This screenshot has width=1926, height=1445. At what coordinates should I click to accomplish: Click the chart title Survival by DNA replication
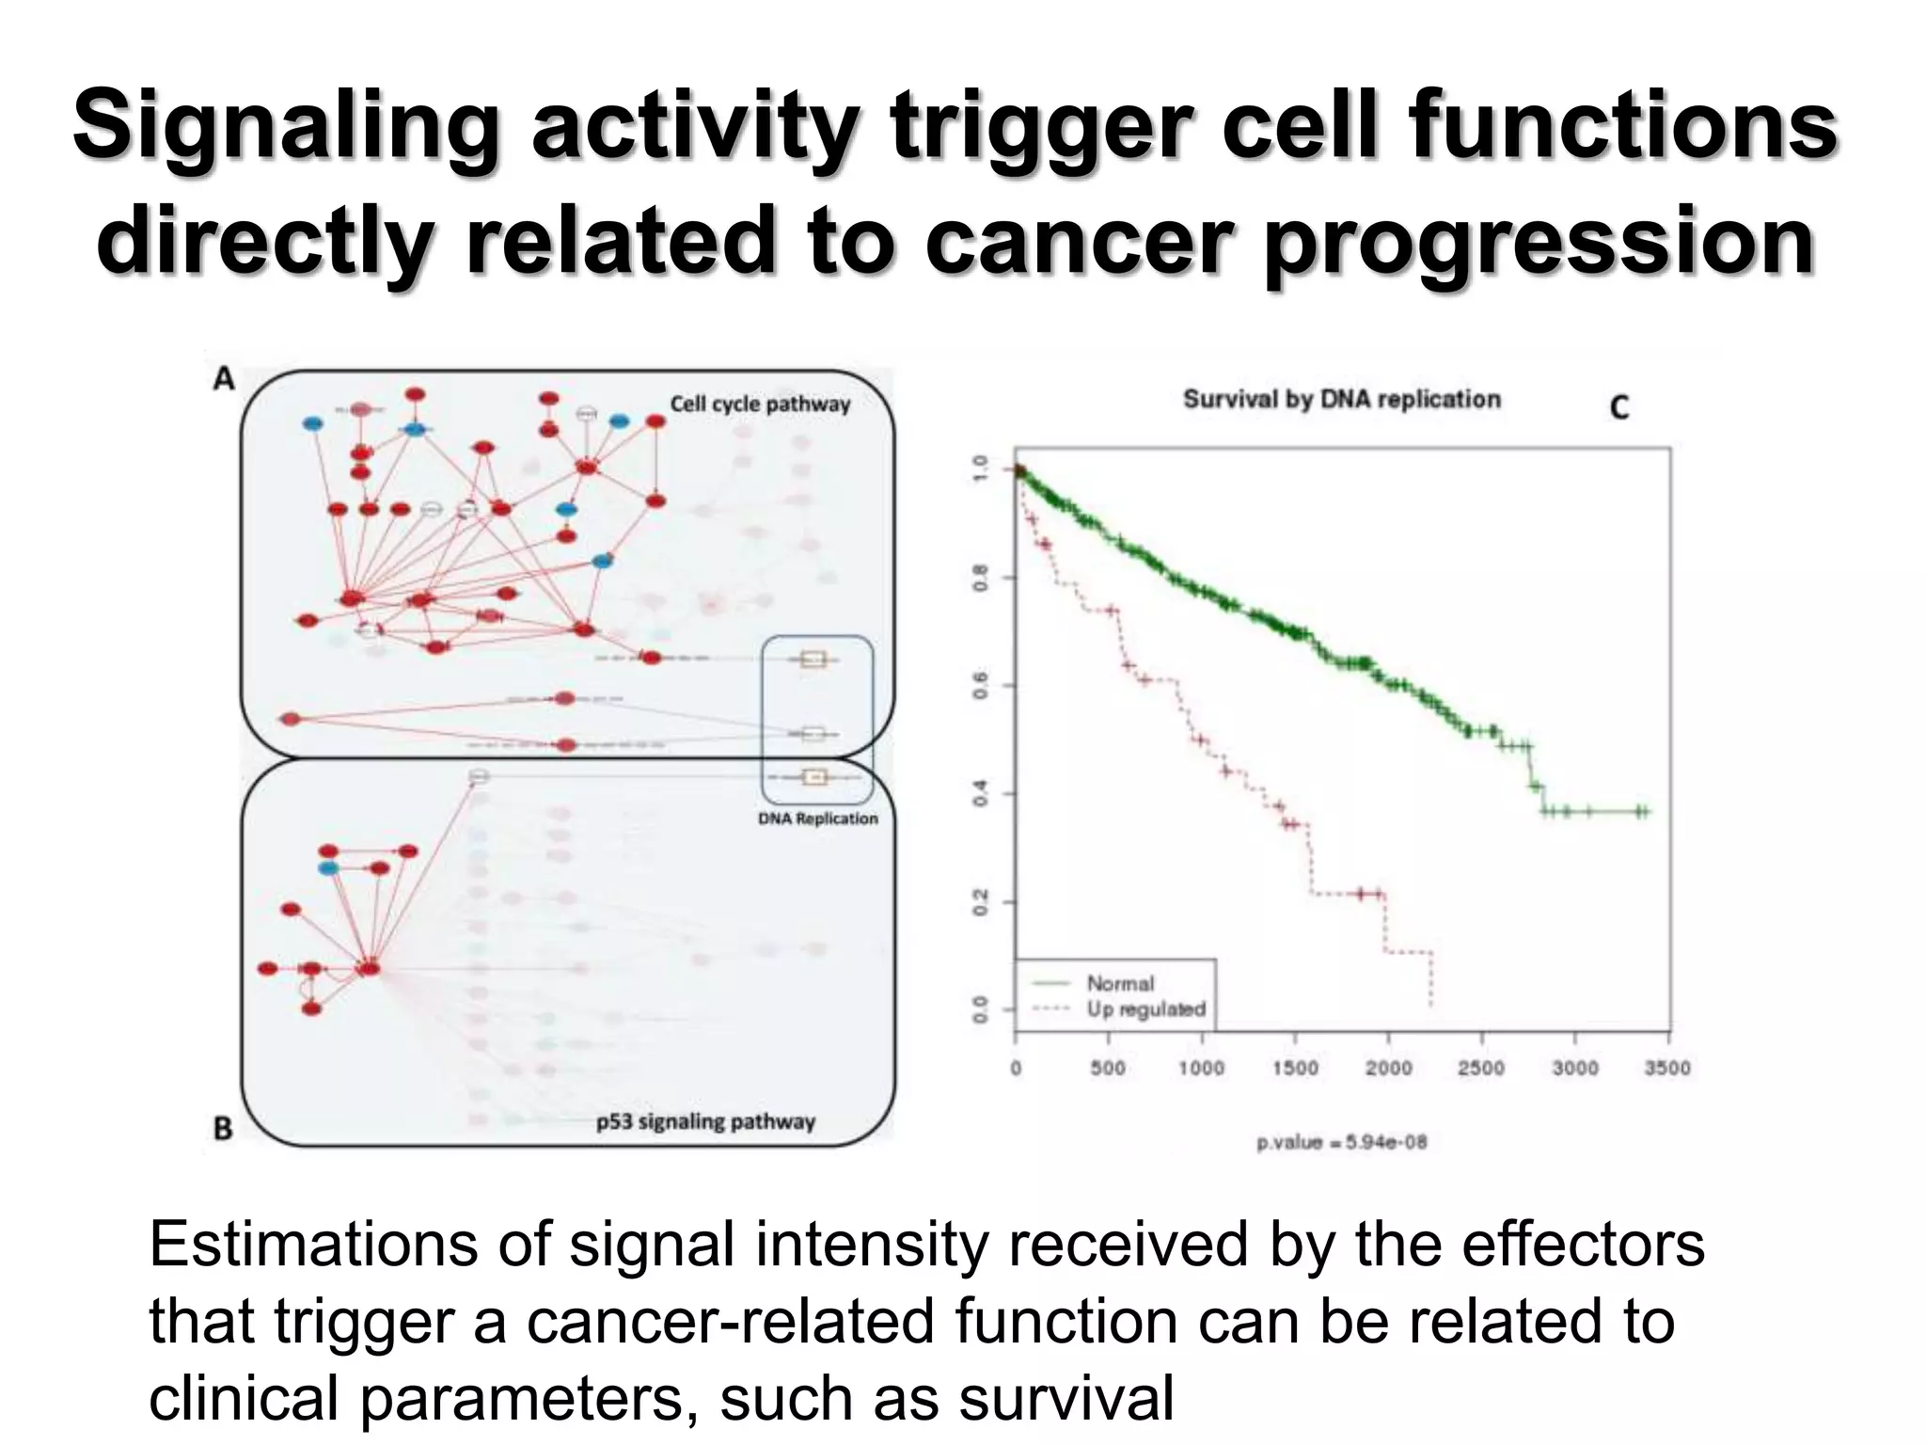coord(1341,399)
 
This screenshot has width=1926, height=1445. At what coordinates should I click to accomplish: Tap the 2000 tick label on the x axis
coord(1388,1068)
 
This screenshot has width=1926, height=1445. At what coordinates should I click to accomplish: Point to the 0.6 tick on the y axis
coord(980,686)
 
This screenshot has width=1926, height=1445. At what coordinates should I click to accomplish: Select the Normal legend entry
coord(1119,983)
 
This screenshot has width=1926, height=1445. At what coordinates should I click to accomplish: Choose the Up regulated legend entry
coord(1145,1009)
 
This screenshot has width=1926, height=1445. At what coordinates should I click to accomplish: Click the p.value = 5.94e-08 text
coord(1342,1142)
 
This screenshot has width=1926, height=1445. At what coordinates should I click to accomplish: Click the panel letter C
coord(1618,407)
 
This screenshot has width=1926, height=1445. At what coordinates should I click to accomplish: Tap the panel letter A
coord(223,379)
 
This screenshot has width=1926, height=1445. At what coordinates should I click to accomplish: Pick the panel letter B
coord(223,1127)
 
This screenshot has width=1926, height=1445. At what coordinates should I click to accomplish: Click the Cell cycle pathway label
coord(759,405)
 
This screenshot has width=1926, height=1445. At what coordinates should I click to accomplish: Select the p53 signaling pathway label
coord(705,1121)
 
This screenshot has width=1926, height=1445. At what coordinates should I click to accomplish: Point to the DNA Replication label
coord(817,818)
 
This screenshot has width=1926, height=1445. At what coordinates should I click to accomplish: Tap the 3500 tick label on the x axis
coord(1666,1068)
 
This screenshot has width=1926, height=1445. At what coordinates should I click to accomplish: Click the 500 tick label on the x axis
coord(1108,1068)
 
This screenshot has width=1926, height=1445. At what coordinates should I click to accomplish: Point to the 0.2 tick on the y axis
coord(980,902)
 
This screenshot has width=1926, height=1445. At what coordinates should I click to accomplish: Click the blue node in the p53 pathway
coord(328,867)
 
